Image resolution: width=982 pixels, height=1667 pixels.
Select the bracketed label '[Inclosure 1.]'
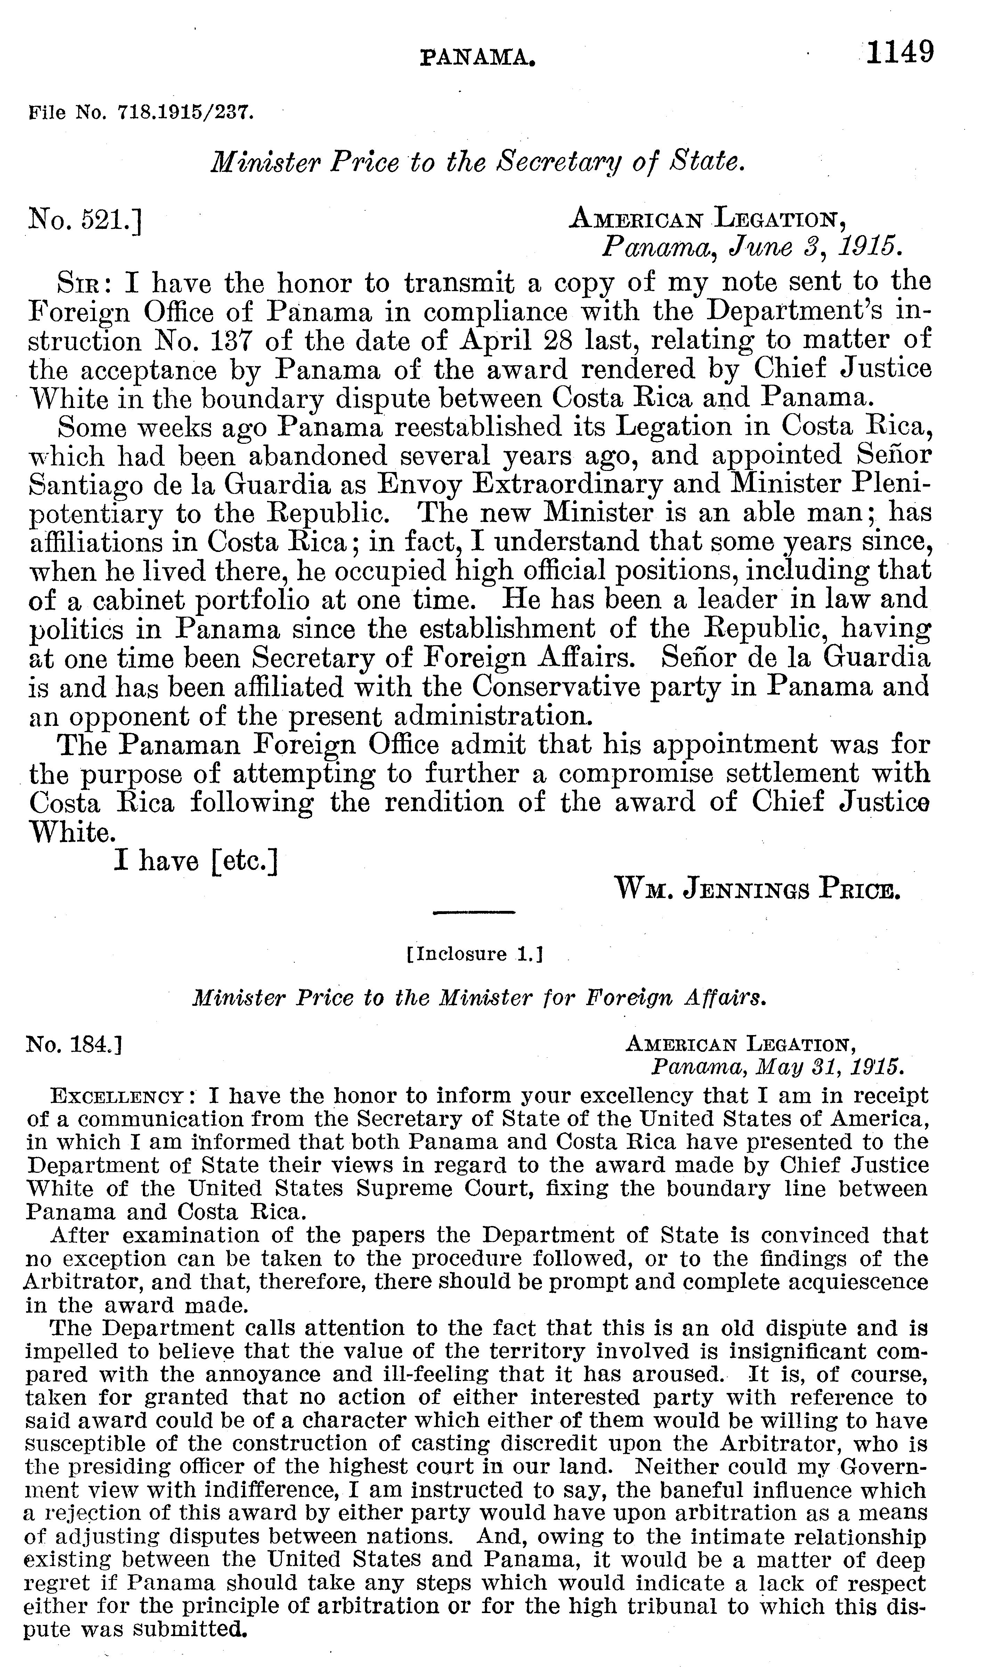pos(474,955)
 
